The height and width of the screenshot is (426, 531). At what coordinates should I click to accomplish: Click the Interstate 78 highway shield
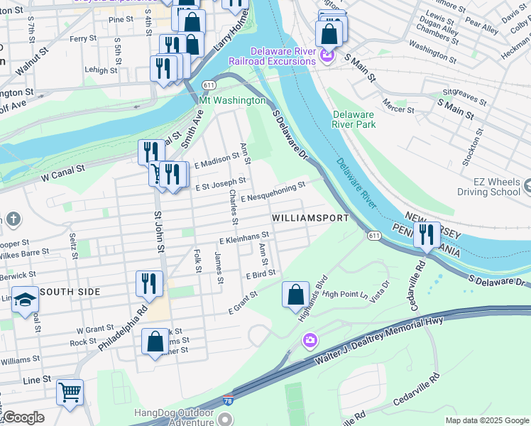coord(228,403)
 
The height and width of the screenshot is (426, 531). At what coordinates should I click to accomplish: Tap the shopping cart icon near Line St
coord(70,392)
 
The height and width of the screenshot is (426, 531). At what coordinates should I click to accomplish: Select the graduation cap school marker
coord(25,299)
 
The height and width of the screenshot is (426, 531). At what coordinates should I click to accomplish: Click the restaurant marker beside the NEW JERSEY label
coord(426,234)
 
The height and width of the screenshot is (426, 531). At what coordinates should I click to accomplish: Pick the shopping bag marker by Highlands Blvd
coord(295,294)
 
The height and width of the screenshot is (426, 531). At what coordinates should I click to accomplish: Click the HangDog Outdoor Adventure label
coord(174,417)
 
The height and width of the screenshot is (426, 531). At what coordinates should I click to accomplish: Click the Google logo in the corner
coord(23,417)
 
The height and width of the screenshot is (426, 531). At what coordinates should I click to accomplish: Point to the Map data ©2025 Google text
coord(486,420)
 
